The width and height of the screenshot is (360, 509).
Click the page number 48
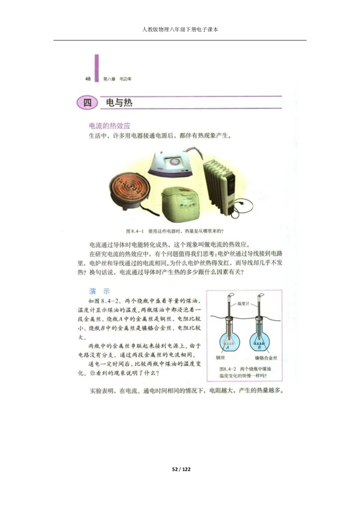[88, 79]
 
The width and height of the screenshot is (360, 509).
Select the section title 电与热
[116, 103]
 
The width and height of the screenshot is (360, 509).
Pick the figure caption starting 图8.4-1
[175, 232]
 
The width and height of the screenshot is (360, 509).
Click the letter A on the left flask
[228, 347]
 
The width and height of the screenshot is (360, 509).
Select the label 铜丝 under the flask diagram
[220, 358]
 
